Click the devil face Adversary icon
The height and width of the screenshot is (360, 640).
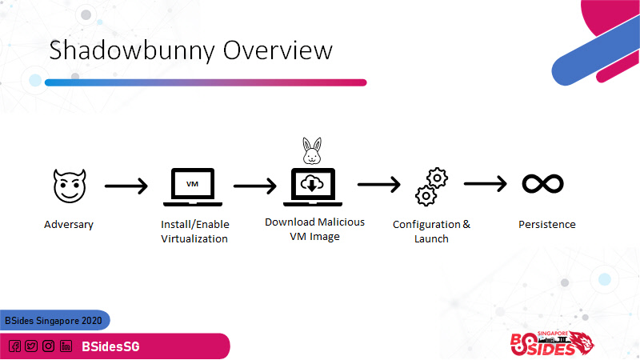point(70,186)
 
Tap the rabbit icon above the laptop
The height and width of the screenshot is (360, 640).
point(312,151)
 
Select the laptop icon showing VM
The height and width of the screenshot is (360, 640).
point(193,187)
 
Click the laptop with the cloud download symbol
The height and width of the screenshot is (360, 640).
point(313,187)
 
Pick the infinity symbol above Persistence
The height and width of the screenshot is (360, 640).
point(543,184)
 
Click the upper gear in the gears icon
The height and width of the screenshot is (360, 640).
point(437,178)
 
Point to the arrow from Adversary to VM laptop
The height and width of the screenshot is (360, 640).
point(126,186)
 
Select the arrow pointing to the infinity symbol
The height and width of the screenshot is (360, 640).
point(486,184)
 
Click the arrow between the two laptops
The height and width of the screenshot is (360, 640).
point(255,186)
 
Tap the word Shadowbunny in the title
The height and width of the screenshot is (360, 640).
point(132,50)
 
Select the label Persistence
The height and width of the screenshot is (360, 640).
point(547,225)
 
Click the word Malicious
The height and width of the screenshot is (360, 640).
point(340,222)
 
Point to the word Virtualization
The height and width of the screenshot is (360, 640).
point(194,238)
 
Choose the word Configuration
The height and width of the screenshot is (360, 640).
point(426,225)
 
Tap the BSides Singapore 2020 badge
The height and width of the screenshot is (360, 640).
point(54,321)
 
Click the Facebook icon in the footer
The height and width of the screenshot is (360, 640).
point(14,346)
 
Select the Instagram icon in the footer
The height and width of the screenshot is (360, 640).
point(48,346)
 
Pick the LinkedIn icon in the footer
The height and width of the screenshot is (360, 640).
point(66,346)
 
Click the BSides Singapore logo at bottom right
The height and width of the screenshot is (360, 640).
point(552,343)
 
